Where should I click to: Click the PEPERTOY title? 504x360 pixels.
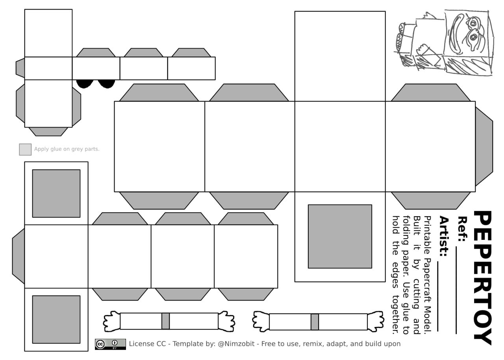pos(482,278)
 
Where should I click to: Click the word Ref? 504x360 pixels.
pos(462,228)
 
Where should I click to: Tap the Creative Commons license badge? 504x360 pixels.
pos(110,344)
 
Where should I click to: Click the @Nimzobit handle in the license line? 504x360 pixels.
pos(236,344)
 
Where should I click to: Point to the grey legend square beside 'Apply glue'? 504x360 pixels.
pos(25,149)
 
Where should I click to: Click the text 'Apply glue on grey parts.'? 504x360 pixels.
pos(67,149)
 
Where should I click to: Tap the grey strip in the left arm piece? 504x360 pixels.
pos(165,321)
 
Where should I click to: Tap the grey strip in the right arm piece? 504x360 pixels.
pos(315,322)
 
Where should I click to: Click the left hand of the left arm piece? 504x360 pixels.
pos(112,321)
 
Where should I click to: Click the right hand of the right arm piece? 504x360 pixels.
pos(376,321)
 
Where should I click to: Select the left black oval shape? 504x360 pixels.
pos(85,84)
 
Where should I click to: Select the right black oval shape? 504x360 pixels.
pos(106,84)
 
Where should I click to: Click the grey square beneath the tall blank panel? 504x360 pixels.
pos(340,236)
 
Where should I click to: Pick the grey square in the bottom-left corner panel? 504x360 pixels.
pos(56,319)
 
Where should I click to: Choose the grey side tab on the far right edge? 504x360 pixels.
pos(484,147)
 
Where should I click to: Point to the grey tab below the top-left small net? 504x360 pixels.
pos(48,132)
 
